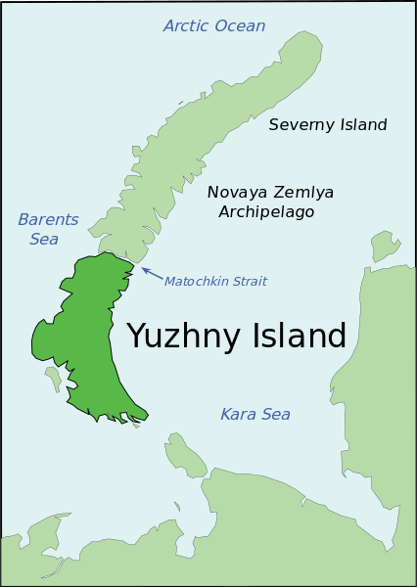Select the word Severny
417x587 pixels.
tap(299, 125)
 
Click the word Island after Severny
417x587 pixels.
tap(361, 125)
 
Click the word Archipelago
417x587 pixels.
tap(266, 211)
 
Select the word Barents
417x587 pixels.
tap(48, 219)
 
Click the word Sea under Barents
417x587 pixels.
tap(43, 239)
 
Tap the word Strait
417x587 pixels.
tap(249, 282)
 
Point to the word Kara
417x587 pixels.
tap(238, 415)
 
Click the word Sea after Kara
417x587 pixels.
tap(275, 415)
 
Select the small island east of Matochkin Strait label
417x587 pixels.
tap(384, 246)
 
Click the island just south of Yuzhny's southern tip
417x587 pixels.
tap(183, 453)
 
